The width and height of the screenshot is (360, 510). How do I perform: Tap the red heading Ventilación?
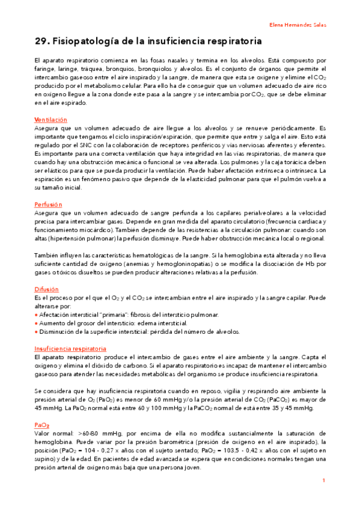pos(50,120)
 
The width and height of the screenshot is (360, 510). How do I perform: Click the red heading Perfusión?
pos(48,204)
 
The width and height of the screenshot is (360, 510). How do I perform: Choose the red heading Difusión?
pos(46,289)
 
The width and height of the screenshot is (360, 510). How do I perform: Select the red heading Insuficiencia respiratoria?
pos(70,349)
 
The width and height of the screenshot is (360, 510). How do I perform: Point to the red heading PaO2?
pos(41,425)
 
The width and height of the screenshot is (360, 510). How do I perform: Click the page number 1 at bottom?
pos(323,481)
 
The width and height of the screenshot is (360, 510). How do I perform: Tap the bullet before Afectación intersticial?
pos(36,315)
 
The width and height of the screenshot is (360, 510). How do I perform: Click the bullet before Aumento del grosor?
pos(36,324)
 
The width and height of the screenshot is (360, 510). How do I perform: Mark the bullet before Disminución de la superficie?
pos(36,332)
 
